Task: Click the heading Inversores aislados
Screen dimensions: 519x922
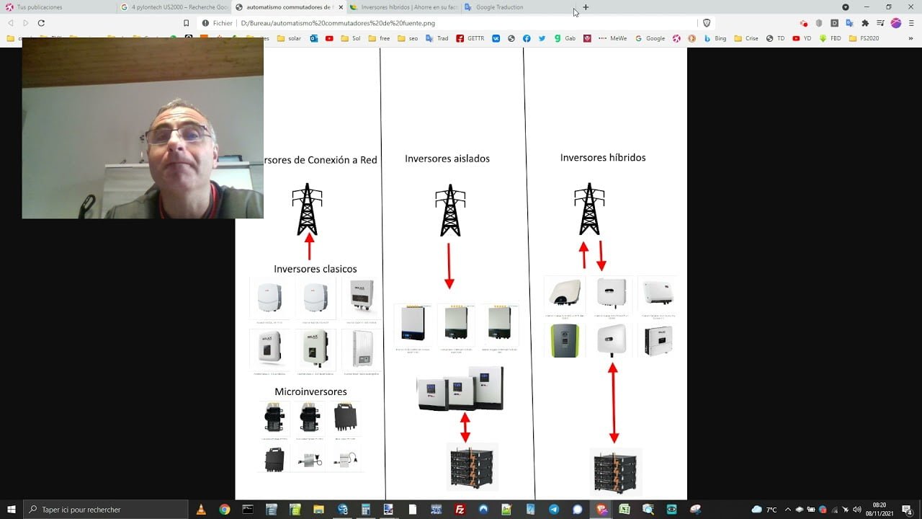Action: point(447,159)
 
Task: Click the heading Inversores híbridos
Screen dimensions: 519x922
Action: point(603,157)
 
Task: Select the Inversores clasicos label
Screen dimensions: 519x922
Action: point(315,269)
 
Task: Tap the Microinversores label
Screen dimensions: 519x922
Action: point(310,391)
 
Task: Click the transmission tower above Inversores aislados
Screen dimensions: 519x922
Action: point(450,210)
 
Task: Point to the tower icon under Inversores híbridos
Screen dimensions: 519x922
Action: point(589,208)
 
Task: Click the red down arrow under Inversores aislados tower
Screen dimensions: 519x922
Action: point(449,265)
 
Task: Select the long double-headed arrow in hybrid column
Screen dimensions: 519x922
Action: point(614,402)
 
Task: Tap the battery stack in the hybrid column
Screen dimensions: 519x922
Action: point(615,471)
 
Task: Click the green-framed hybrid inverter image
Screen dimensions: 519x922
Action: point(565,340)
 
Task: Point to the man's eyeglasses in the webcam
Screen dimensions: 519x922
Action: point(178,134)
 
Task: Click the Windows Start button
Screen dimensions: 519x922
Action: point(11,510)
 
